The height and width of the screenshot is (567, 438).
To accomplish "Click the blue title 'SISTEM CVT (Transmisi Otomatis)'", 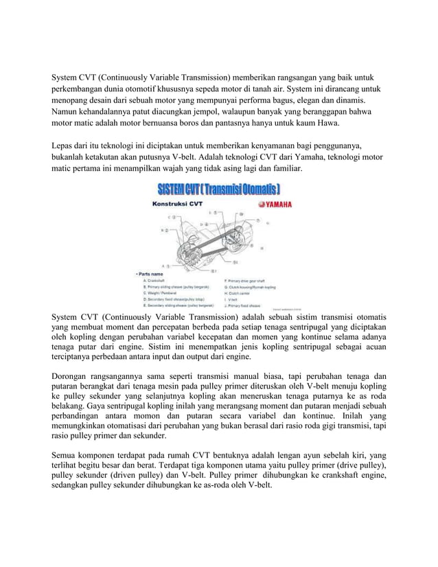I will pyautogui.click(x=219, y=189).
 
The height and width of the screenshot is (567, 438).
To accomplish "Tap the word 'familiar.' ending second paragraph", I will pyautogui.click(x=282, y=168).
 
